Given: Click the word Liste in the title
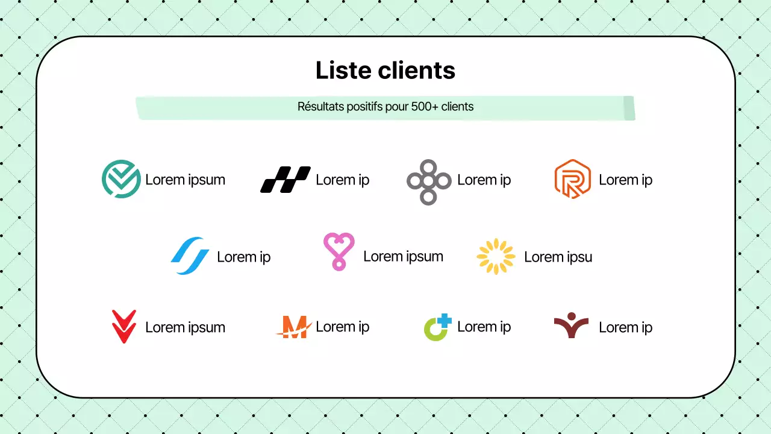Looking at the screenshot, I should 344,71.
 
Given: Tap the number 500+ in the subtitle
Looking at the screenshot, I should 425,107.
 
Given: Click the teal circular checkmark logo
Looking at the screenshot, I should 121,179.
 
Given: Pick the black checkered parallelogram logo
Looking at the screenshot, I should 285,180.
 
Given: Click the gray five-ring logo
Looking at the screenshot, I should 429,181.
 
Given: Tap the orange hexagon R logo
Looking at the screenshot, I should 572,179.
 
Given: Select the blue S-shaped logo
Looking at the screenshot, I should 190,256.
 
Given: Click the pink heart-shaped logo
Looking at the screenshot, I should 339,251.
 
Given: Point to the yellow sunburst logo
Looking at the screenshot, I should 496,256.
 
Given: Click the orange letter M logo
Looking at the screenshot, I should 294,327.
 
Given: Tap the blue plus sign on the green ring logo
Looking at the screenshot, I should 445,321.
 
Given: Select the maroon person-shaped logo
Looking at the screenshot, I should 571,325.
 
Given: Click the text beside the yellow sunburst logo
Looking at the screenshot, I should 558,257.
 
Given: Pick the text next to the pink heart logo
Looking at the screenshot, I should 403,256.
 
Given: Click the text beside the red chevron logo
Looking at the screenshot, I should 185,327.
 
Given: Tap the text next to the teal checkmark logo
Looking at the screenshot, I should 185,180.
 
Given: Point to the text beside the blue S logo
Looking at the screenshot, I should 243,257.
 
